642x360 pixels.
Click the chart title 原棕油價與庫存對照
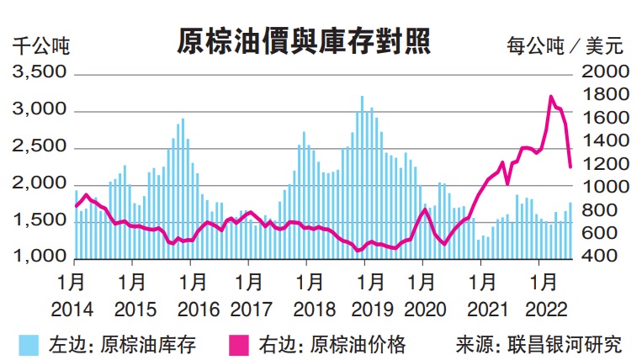point(305,40)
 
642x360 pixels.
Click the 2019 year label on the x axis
point(364,309)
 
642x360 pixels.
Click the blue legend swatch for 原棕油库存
point(29,344)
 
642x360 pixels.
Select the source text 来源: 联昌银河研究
point(539,344)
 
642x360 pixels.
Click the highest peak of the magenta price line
point(551,97)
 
